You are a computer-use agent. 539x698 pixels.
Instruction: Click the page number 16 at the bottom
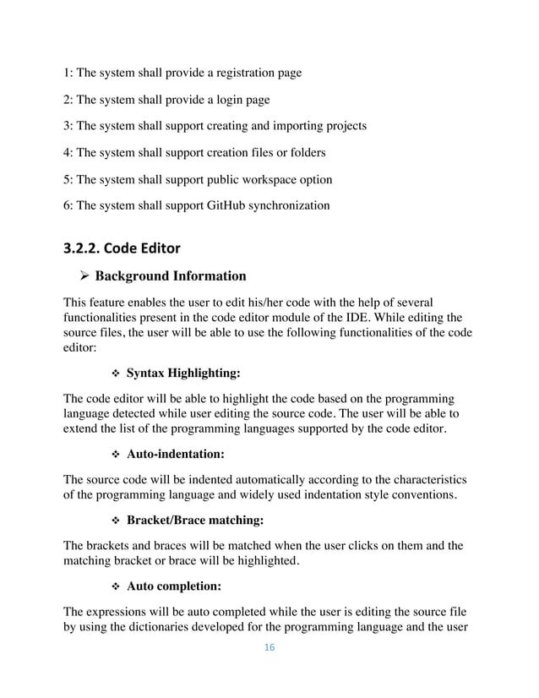pos(269,648)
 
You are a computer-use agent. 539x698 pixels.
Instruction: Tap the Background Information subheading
pos(171,275)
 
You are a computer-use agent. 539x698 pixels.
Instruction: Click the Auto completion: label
pos(176,589)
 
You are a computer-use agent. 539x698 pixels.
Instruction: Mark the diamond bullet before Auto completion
pos(115,589)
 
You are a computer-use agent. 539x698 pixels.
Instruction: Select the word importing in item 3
pos(292,126)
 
